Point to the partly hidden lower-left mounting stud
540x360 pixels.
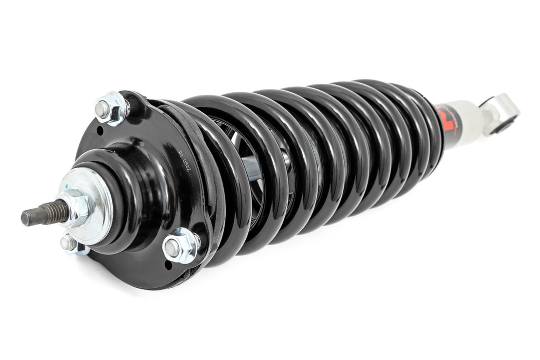pos(69,243)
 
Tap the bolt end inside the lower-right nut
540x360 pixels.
pos(172,247)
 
